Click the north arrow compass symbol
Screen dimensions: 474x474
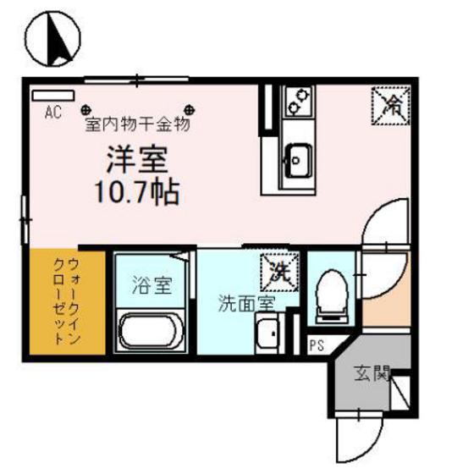[52, 40]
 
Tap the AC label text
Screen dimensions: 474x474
[52, 110]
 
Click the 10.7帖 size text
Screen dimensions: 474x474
[137, 192]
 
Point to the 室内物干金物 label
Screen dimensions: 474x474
[137, 124]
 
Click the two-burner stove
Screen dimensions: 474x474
[297, 102]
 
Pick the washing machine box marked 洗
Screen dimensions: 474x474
[278, 271]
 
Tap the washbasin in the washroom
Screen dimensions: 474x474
[269, 337]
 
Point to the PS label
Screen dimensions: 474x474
[317, 344]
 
